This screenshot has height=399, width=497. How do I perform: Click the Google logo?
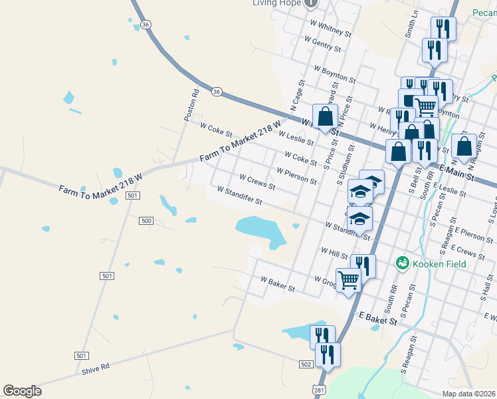point(22,391)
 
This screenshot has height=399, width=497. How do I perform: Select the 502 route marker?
point(306,364)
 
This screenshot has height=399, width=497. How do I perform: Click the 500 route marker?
point(147,220)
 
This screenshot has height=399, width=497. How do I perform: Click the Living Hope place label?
point(276,3)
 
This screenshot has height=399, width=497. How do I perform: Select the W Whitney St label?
point(331,27)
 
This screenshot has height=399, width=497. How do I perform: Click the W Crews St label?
point(252,180)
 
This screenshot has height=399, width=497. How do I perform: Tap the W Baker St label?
point(278,284)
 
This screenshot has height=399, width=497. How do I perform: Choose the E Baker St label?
point(377,318)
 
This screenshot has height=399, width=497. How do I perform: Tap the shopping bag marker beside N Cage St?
point(326,116)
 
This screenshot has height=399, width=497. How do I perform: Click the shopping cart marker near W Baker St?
point(348,279)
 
